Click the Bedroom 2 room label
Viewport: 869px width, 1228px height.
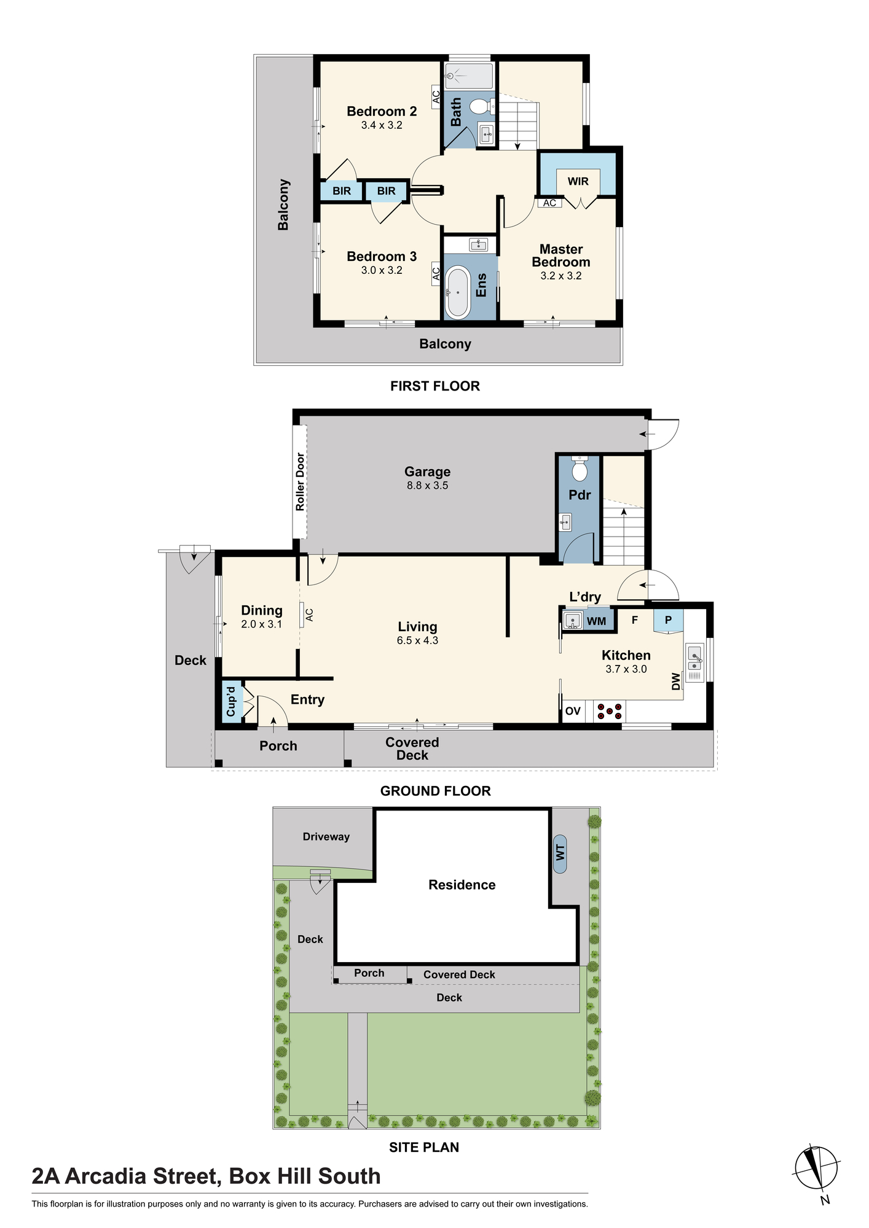(x=382, y=111)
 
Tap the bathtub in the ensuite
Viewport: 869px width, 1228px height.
(x=457, y=292)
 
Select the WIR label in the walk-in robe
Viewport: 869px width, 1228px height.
(x=578, y=181)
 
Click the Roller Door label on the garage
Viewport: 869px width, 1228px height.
(x=300, y=482)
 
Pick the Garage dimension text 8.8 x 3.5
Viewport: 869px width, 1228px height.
(x=427, y=485)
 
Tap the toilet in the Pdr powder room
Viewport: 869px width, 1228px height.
(x=580, y=469)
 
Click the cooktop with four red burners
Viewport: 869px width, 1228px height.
(x=610, y=711)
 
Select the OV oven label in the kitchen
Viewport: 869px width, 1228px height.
(x=573, y=711)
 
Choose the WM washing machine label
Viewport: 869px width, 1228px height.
(x=596, y=621)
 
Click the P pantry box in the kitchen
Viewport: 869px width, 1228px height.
(x=668, y=620)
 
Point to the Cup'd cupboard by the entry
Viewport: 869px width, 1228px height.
(x=231, y=701)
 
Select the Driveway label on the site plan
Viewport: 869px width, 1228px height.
(x=326, y=836)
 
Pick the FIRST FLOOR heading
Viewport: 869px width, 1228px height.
(x=435, y=386)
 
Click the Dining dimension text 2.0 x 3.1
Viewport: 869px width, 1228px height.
(x=261, y=624)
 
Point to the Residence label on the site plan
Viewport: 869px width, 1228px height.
(x=462, y=885)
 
